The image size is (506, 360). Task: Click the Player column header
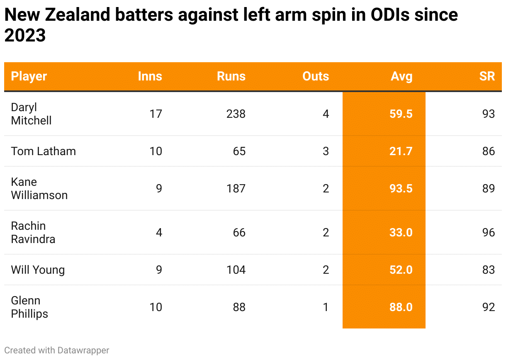pyautogui.click(x=29, y=76)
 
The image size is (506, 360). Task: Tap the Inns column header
pyautogui.click(x=150, y=76)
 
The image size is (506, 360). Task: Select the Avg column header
pyautogui.click(x=401, y=76)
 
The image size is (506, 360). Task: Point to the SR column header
pyautogui.click(x=487, y=76)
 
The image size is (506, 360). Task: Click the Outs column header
pyautogui.click(x=316, y=76)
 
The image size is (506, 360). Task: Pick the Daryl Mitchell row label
pyautogui.click(x=31, y=114)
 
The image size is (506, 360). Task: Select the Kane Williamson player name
pyautogui.click(x=39, y=188)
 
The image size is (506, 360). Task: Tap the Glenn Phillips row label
pyautogui.click(x=29, y=307)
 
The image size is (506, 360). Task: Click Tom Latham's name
pyautogui.click(x=44, y=151)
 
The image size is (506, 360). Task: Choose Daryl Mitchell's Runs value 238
pyautogui.click(x=236, y=114)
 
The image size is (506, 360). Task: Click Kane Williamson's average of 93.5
pyautogui.click(x=401, y=188)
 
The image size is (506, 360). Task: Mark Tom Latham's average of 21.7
pyautogui.click(x=401, y=151)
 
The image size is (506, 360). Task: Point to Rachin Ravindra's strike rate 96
pyautogui.click(x=489, y=232)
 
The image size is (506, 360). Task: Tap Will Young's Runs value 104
pyautogui.click(x=236, y=270)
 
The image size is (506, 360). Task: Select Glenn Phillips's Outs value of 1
pyautogui.click(x=326, y=307)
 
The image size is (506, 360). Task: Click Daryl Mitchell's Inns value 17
pyautogui.click(x=156, y=114)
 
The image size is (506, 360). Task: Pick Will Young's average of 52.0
pyautogui.click(x=401, y=270)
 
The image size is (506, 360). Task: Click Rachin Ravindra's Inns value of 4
pyautogui.click(x=159, y=232)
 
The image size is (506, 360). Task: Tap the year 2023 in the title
pyautogui.click(x=25, y=36)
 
